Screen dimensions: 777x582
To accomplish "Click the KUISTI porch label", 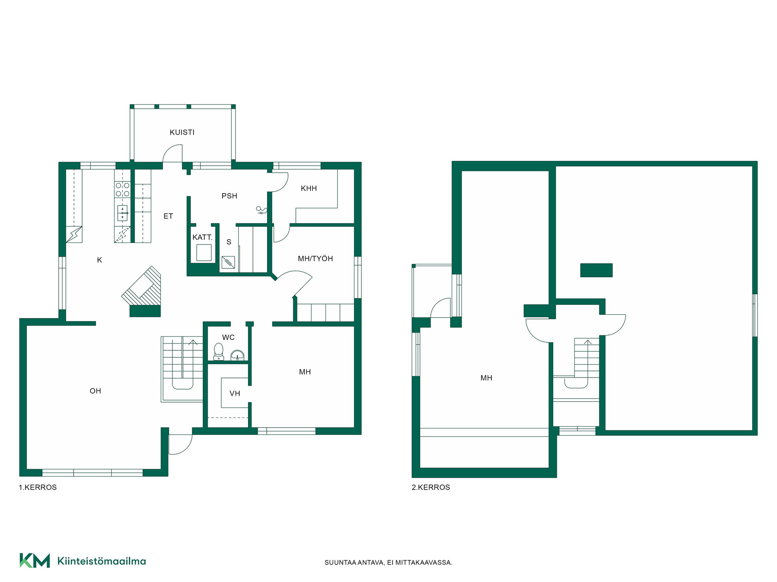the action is coord(182,132).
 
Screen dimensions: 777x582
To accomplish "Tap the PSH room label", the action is coord(229,196).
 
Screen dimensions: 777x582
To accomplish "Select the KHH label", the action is coord(309,188).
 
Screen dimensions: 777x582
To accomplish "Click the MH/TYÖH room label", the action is coord(315,259).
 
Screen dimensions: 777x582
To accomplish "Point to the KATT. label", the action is coord(202,237).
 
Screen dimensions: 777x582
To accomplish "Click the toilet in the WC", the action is coord(219,352).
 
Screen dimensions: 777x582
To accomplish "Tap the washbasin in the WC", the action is coord(237,355).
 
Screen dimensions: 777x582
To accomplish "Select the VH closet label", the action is coord(235,393).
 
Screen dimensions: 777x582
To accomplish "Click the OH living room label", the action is coord(96,391).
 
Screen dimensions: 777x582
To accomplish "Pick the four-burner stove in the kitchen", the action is coord(122,190).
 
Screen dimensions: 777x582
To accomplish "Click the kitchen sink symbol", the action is coord(122,213).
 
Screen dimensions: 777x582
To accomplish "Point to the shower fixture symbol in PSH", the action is coord(261,210).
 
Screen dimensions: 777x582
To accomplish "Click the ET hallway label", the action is coord(168,216).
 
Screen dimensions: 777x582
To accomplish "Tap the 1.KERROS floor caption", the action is coord(38,487).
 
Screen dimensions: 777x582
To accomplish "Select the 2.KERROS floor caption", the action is coord(431,487).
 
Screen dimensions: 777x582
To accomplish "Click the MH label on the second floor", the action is coord(486,378).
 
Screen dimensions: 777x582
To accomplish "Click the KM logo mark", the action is coord(35,561).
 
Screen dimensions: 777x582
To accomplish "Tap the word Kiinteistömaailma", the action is coord(102,561).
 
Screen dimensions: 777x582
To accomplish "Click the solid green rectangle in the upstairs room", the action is coord(597,270).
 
